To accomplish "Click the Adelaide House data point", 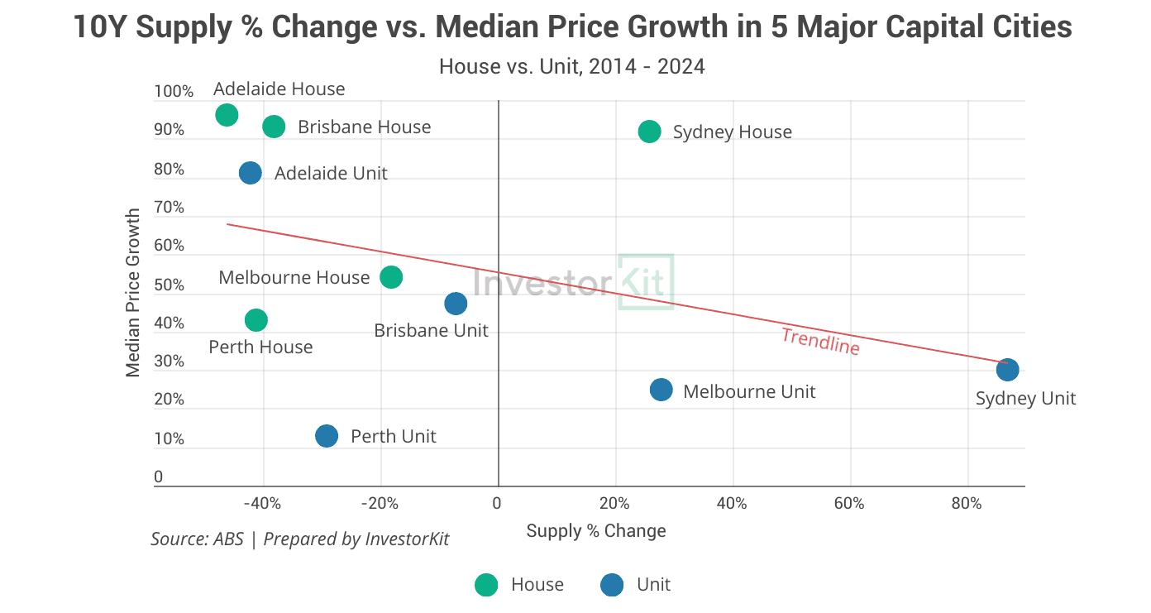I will pyautogui.click(x=227, y=115).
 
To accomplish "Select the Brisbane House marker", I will pyautogui.click(x=274, y=127).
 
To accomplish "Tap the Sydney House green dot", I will pyautogui.click(x=650, y=132).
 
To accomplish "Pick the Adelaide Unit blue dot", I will pyautogui.click(x=251, y=173).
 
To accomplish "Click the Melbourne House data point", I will pyautogui.click(x=391, y=277).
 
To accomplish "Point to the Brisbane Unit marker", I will pyautogui.click(x=456, y=304).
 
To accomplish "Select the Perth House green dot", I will pyautogui.click(x=256, y=320).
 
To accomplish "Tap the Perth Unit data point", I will pyautogui.click(x=327, y=436).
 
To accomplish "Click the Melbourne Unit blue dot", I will pyautogui.click(x=661, y=390).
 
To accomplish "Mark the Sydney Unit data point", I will pyautogui.click(x=1007, y=369).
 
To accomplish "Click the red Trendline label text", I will pyautogui.click(x=820, y=342).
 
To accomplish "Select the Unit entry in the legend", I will pyautogui.click(x=636, y=585).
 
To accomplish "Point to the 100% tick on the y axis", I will pyautogui.click(x=174, y=92).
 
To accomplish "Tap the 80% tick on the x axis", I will pyautogui.click(x=967, y=503).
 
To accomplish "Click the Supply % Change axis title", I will pyautogui.click(x=596, y=531).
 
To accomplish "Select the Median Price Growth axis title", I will pyautogui.click(x=133, y=293).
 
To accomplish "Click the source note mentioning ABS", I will pyautogui.click(x=299, y=539).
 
